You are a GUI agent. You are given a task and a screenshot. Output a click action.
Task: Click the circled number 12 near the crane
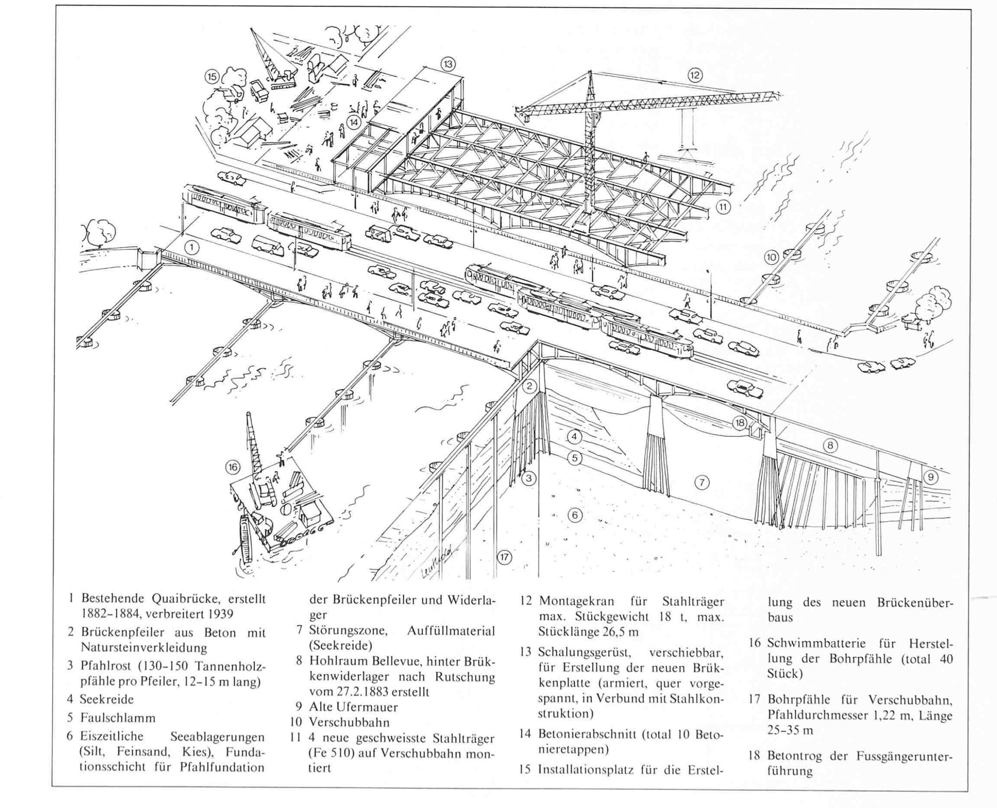(695, 75)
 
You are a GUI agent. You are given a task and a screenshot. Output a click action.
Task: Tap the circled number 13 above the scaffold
(448, 64)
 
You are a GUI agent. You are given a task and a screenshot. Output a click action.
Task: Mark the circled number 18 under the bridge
(739, 423)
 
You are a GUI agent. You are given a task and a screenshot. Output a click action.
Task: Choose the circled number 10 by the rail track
(771, 257)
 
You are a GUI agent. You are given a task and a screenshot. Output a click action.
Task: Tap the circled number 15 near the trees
(212, 77)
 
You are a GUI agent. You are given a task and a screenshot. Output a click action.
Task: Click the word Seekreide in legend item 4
(107, 699)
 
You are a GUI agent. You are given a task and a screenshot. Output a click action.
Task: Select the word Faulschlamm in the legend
(117, 718)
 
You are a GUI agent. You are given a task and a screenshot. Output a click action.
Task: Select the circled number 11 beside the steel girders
(723, 207)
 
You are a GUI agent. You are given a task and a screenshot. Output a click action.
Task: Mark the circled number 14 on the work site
(354, 122)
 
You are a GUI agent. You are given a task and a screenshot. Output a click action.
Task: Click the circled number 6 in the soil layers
(575, 515)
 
